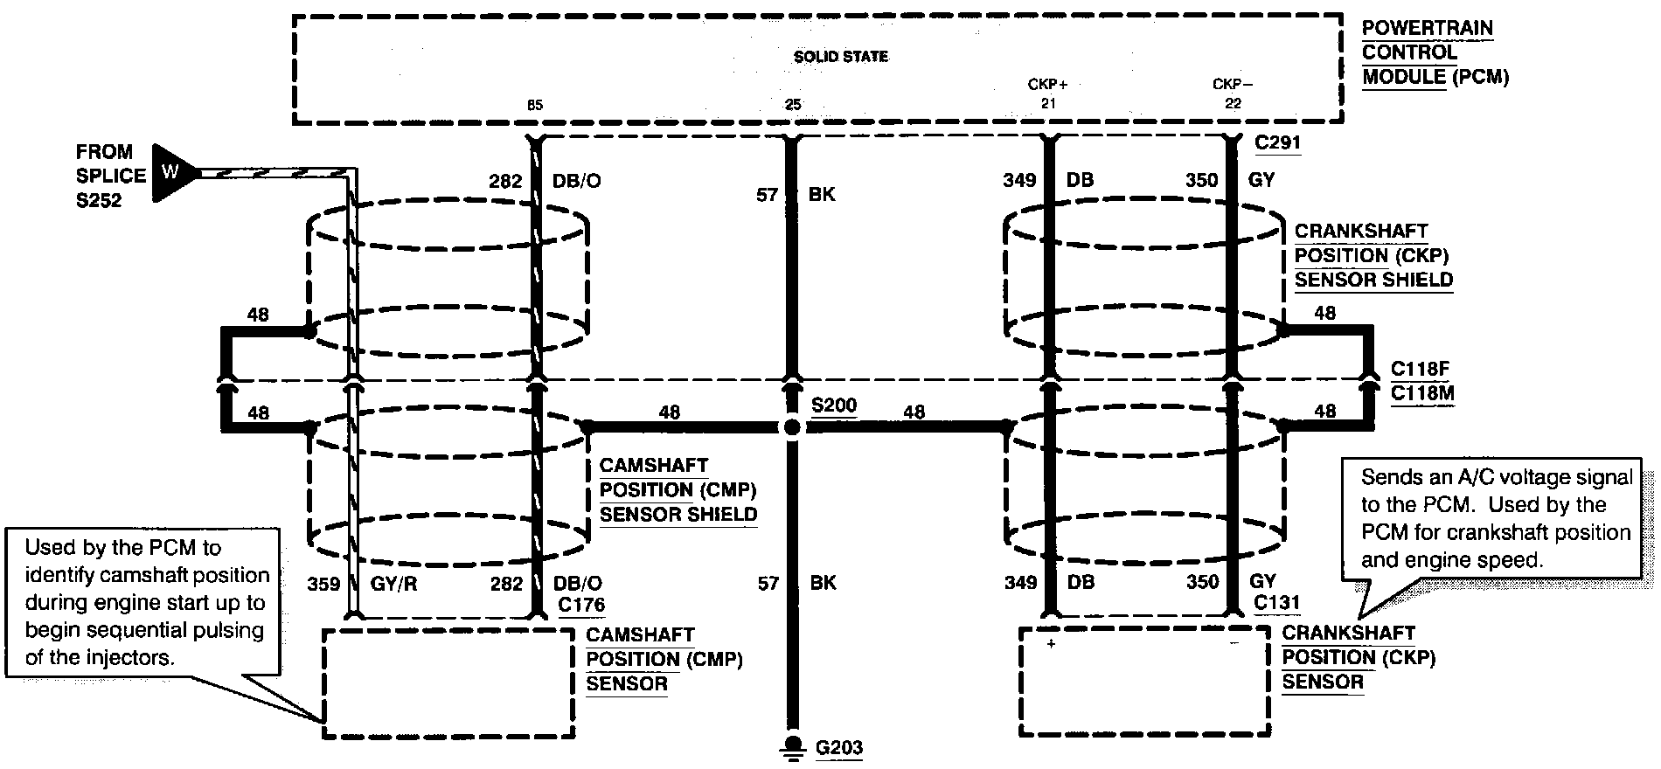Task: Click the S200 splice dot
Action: tap(792, 428)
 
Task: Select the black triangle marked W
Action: tap(173, 173)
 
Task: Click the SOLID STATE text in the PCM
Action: tap(840, 57)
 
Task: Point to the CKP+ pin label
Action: tap(1047, 85)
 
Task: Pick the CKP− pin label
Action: tap(1233, 85)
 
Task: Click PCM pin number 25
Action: tap(792, 105)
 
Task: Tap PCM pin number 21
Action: tap(1048, 104)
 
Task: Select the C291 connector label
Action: tap(1278, 142)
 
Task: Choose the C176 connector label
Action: tap(581, 604)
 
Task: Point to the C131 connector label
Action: tap(1276, 602)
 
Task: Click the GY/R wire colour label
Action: tap(393, 584)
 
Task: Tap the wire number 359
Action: tap(323, 584)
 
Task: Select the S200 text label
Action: tap(834, 405)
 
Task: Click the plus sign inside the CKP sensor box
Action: tap(1051, 644)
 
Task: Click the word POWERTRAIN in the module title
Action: tap(1428, 28)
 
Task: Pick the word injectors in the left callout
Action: tap(135, 657)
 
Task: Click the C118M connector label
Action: tap(1422, 393)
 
